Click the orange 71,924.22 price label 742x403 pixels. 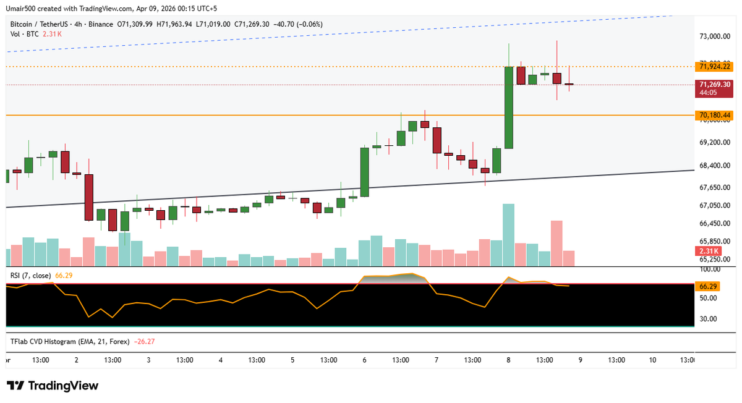point(714,66)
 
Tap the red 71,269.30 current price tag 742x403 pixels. point(714,85)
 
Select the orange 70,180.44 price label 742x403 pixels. point(714,116)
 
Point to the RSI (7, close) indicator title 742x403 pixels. point(31,275)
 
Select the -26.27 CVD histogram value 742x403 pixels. point(146,341)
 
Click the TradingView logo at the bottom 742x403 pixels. point(53,386)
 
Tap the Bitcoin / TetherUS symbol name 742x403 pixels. point(38,24)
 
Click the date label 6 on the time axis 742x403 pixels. point(365,360)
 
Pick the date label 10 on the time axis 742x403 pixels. point(652,360)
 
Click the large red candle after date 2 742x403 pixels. point(89,197)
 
